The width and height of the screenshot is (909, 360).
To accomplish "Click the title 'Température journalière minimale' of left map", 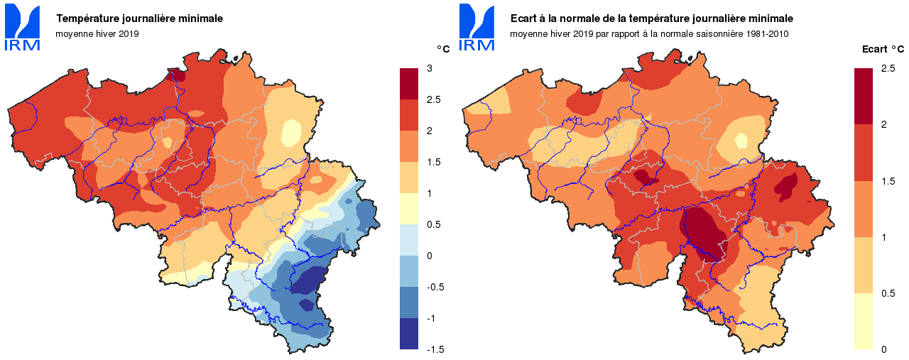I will [140, 18].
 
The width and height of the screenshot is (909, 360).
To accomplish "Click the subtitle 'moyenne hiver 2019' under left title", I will [97, 33].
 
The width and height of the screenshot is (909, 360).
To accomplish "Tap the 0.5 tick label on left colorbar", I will [432, 224].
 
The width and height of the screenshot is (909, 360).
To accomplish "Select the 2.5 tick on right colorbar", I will [887, 68].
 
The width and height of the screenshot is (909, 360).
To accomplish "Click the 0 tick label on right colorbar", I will [883, 349].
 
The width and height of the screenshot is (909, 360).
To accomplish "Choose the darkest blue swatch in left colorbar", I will [409, 334].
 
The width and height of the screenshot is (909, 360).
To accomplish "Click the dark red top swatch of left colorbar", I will [409, 84].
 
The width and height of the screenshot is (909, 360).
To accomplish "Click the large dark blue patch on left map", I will [310, 279].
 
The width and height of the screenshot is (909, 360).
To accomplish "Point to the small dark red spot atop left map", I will [177, 75].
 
